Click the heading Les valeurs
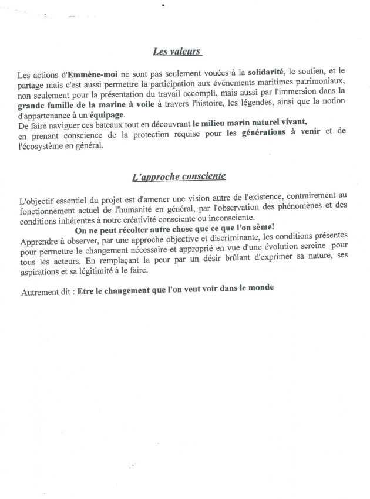tap(177, 52)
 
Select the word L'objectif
tap(36, 202)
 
